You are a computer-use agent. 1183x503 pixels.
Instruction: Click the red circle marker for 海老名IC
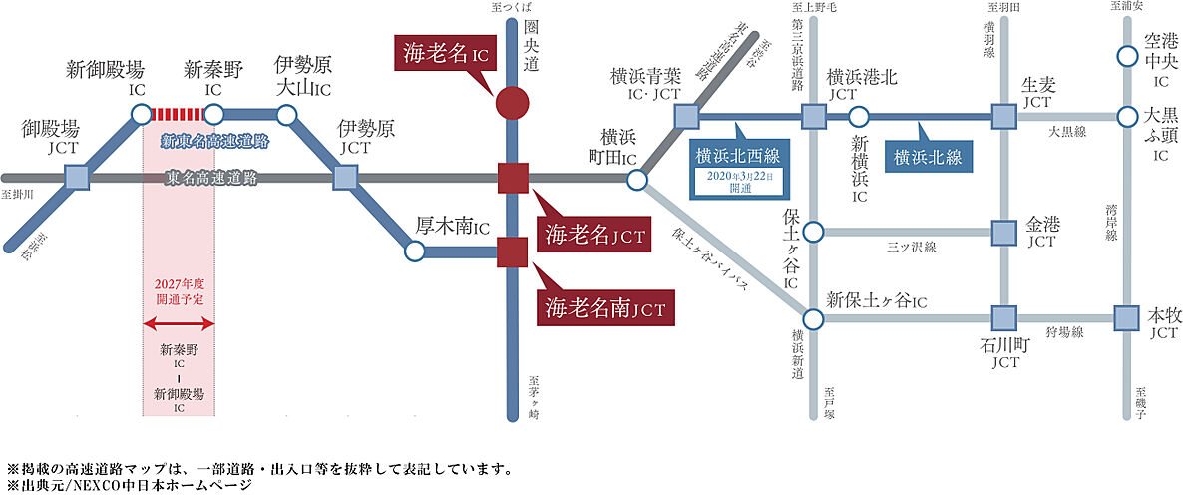click(x=512, y=102)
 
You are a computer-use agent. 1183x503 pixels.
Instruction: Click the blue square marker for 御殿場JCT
click(x=77, y=179)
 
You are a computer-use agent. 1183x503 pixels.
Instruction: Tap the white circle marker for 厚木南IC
click(x=415, y=252)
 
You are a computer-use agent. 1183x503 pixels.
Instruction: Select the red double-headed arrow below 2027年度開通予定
click(x=179, y=324)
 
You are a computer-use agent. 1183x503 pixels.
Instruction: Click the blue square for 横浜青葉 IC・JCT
click(x=685, y=116)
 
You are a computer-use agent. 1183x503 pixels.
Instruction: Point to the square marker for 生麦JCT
click(x=1002, y=116)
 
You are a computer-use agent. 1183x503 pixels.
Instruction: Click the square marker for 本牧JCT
click(x=1126, y=318)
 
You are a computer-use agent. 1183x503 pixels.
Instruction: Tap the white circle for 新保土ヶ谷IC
click(x=813, y=319)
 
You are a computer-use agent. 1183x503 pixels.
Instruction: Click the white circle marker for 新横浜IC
click(x=859, y=116)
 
